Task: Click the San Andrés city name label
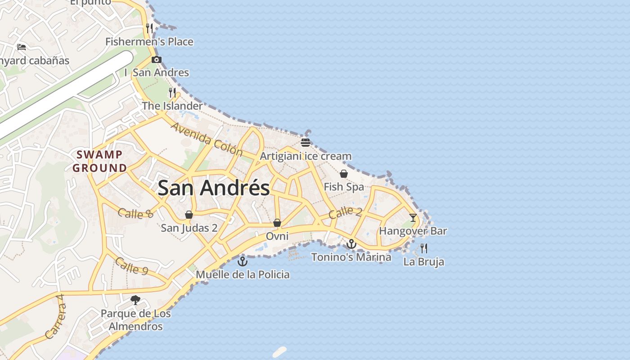click(214, 188)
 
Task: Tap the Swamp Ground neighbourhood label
click(99, 161)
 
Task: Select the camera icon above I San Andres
click(156, 59)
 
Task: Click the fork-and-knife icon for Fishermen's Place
click(149, 28)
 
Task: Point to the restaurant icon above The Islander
click(172, 93)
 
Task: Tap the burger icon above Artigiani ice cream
click(306, 143)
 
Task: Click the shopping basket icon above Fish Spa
click(344, 174)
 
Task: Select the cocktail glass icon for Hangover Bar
click(413, 218)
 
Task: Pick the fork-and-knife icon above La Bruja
click(423, 248)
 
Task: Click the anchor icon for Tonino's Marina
click(351, 244)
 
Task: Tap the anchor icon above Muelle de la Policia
click(243, 261)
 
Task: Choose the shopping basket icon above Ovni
click(277, 223)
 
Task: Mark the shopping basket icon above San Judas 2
click(189, 215)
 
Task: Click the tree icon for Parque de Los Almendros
click(135, 300)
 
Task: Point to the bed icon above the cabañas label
click(21, 47)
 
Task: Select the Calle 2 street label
click(345, 212)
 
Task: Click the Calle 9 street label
click(131, 265)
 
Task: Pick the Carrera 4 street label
click(56, 317)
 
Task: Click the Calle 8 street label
click(135, 213)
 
